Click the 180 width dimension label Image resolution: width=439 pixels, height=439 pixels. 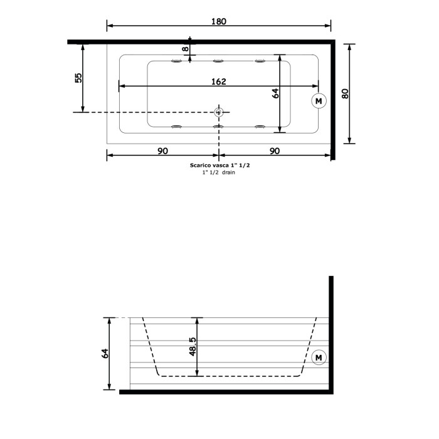click(218, 21)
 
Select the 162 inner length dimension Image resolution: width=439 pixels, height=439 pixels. click(218, 82)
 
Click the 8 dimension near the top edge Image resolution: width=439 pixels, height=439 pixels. click(185, 48)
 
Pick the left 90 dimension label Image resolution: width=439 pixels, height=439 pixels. click(162, 151)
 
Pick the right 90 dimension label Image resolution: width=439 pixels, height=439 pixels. click(274, 151)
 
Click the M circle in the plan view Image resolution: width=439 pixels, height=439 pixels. click(319, 100)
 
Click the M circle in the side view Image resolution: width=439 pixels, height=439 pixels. click(319, 357)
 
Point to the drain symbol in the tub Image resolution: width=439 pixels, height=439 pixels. click(219, 112)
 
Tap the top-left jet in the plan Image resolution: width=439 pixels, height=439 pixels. click(177, 61)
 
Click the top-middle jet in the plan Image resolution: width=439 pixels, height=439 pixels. click(219, 61)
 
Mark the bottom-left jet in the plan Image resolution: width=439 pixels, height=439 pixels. click(177, 127)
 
